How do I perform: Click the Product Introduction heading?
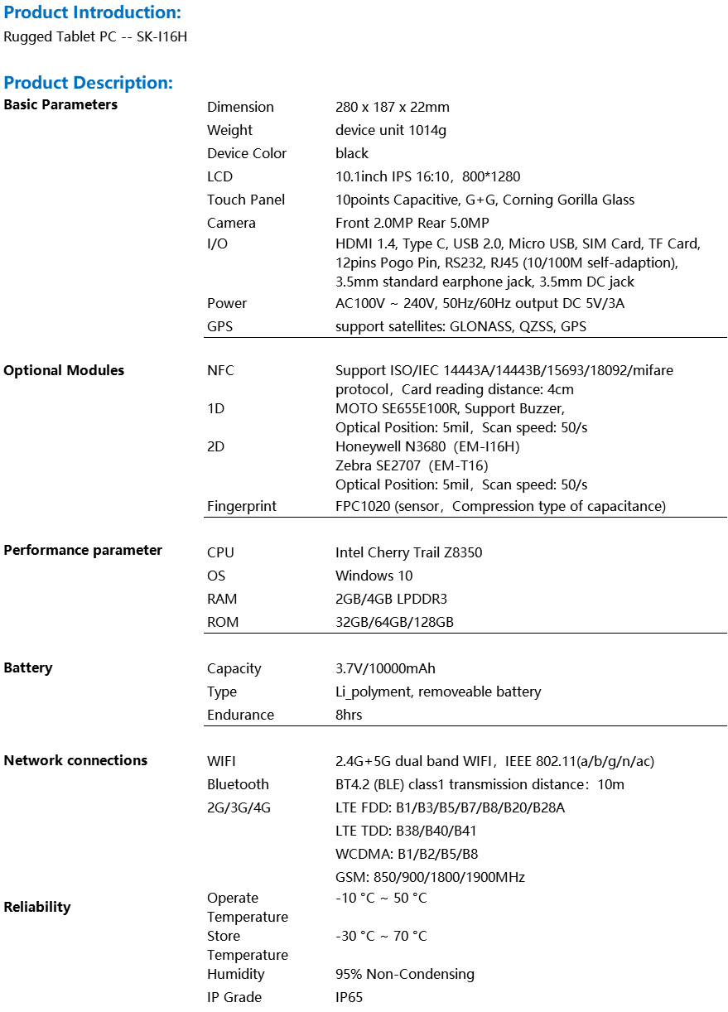pos(92,12)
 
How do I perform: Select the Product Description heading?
pos(88,83)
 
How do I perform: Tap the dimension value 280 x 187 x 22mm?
pos(393,107)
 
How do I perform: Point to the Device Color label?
pos(247,153)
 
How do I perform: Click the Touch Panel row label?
pos(246,200)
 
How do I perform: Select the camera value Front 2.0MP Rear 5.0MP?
pos(412,223)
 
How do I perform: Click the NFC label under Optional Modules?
pos(220,370)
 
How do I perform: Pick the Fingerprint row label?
pos(242,506)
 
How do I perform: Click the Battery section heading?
pos(28,667)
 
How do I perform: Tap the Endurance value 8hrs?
pos(349,715)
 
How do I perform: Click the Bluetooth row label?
pos(238,784)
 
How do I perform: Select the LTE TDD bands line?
pos(406,831)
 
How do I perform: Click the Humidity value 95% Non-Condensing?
pos(405,974)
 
